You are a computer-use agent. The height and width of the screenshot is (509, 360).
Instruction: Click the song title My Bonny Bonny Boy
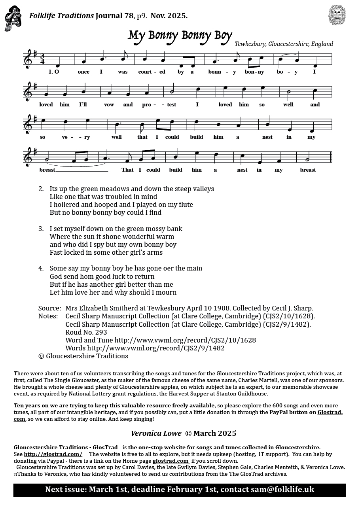tap(180, 36)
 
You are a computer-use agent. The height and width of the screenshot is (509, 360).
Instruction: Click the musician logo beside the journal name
tap(13, 18)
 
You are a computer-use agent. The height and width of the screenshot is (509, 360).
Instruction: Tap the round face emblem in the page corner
tap(337, 15)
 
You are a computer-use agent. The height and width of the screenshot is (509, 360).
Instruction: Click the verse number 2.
tap(41, 189)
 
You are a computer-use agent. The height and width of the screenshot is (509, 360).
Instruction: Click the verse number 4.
tap(41, 268)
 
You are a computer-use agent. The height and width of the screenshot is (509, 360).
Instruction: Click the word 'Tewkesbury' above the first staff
tap(250, 44)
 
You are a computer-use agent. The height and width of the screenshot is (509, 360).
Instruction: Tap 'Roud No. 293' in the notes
tap(86, 332)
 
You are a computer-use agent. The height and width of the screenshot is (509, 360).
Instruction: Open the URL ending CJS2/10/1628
tap(185, 340)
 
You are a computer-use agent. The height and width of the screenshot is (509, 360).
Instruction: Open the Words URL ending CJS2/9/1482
tap(156, 348)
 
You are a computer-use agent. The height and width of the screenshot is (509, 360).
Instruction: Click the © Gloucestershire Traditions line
tap(83, 356)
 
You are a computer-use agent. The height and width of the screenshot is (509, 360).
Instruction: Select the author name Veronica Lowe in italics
tap(156, 433)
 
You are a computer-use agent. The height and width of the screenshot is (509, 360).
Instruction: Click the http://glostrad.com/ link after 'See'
tap(53, 454)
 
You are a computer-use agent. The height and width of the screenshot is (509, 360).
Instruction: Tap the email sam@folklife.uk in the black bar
tap(282, 490)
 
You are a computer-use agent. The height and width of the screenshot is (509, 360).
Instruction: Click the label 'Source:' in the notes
tap(49, 308)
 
